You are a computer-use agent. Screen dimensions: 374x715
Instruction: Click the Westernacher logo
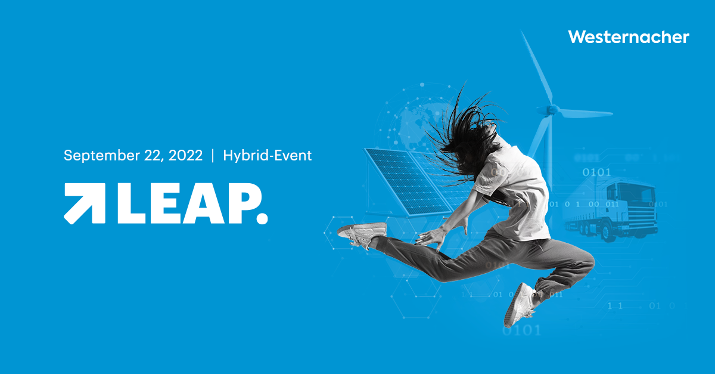[629, 37]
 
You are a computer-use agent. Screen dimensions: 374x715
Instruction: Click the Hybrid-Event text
[268, 156]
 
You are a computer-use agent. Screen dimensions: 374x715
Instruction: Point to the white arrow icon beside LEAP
[85, 203]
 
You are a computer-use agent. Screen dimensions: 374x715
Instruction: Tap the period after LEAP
[262, 218]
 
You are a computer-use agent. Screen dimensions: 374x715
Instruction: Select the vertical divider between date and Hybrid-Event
[212, 156]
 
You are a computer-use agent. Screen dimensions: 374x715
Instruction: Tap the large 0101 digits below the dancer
[521, 330]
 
